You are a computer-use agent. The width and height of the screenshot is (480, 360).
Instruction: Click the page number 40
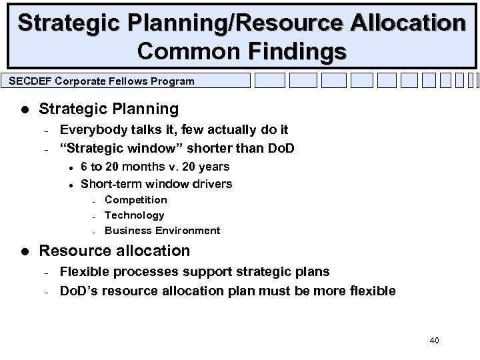tap(435, 341)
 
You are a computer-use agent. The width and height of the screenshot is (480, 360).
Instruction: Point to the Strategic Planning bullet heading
tap(109, 108)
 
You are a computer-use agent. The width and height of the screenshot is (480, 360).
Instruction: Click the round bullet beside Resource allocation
tap(23, 251)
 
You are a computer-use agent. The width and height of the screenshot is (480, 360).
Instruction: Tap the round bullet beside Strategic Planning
tap(23, 109)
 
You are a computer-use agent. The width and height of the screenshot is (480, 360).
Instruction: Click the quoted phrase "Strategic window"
tap(109, 147)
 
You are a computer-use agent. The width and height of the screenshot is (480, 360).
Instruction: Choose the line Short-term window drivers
tap(156, 183)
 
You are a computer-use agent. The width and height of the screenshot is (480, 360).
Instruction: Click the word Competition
tap(136, 199)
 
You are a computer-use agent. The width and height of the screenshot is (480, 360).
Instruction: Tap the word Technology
tap(134, 215)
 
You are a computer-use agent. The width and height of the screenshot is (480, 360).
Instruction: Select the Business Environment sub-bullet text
tap(162, 231)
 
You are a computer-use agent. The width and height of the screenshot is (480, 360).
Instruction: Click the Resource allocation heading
tap(115, 251)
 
